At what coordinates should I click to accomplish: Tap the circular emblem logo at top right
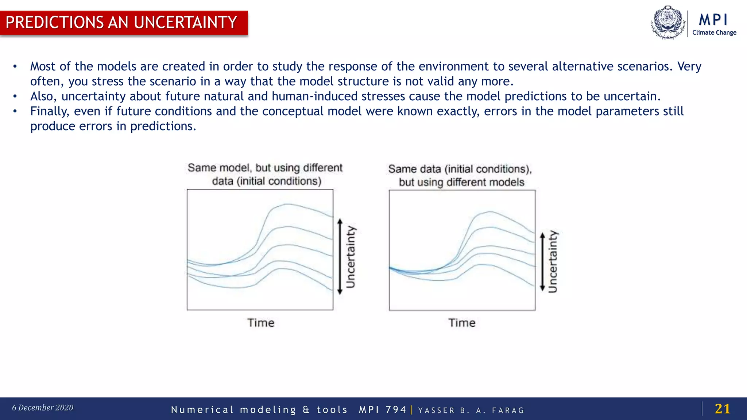pyautogui.click(x=668, y=23)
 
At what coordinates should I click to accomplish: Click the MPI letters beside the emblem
pyautogui.click(x=713, y=19)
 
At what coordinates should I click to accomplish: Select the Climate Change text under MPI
pyautogui.click(x=714, y=32)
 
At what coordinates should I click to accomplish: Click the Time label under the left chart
pyautogui.click(x=260, y=323)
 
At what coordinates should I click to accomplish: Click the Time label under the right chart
pyautogui.click(x=462, y=323)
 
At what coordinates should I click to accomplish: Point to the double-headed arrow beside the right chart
pyautogui.click(x=542, y=262)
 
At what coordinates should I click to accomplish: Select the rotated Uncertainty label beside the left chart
pyautogui.click(x=351, y=257)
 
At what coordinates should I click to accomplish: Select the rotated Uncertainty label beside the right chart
pyautogui.click(x=553, y=261)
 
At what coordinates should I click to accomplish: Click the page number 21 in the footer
pyautogui.click(x=722, y=409)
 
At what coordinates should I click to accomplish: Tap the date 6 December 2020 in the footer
pyautogui.click(x=43, y=408)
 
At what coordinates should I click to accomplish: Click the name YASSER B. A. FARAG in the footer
pyautogui.click(x=471, y=411)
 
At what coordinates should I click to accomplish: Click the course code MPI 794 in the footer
pyautogui.click(x=382, y=410)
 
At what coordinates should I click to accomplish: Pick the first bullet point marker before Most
pyautogui.click(x=15, y=67)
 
